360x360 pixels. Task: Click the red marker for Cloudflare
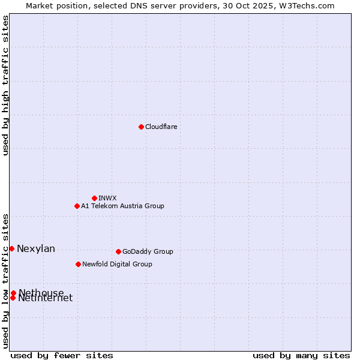coord(141,127)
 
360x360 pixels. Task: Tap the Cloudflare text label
coord(161,127)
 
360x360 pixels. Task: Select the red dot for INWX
coord(94,198)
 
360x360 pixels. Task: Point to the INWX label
coord(107,198)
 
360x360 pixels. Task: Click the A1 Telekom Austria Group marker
coord(77,206)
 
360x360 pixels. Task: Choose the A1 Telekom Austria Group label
coord(122,206)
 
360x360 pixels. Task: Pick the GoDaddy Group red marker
coord(118,251)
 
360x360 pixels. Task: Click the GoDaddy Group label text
coord(148,251)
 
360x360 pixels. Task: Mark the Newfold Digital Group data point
coord(78,264)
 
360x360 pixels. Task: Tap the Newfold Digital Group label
coord(117,264)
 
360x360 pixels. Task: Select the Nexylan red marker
coord(11,248)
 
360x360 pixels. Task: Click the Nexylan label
coord(36,249)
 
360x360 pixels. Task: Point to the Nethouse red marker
coord(13,293)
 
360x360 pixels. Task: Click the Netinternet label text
coord(46,299)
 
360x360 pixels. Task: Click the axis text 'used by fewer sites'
coord(62,355)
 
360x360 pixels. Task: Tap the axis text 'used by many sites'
coord(301,355)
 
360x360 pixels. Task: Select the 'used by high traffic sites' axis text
coord(6,85)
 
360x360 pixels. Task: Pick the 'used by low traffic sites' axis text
coord(6,281)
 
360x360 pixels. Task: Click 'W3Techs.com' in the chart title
coord(310,5)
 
